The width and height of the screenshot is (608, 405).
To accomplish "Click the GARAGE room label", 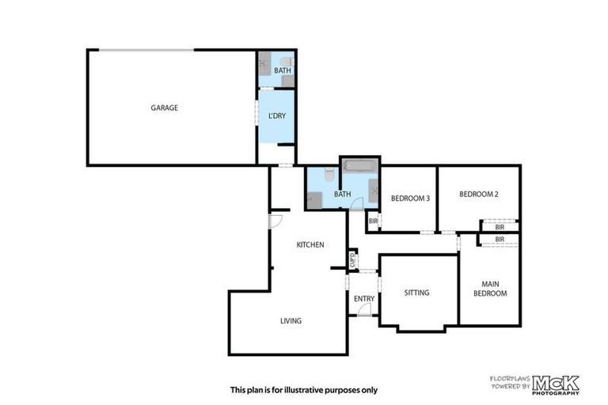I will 165,108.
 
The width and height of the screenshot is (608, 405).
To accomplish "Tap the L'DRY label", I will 276,116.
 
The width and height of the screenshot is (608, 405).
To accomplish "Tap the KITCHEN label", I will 310,245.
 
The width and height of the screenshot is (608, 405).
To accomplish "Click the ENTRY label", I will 363,298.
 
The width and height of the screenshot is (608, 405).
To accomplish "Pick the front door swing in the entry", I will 364,310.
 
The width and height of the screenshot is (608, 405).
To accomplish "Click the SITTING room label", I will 416,293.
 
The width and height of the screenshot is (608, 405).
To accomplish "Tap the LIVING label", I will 291,320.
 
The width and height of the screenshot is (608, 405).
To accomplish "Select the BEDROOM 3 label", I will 411,199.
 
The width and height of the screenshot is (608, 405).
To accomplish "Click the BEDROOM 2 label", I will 477,194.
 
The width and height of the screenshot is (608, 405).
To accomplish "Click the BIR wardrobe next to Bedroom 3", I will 373,221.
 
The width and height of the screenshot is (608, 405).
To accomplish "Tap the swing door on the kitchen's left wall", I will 274,221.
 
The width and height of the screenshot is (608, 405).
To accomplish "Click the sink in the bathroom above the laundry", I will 265,61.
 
